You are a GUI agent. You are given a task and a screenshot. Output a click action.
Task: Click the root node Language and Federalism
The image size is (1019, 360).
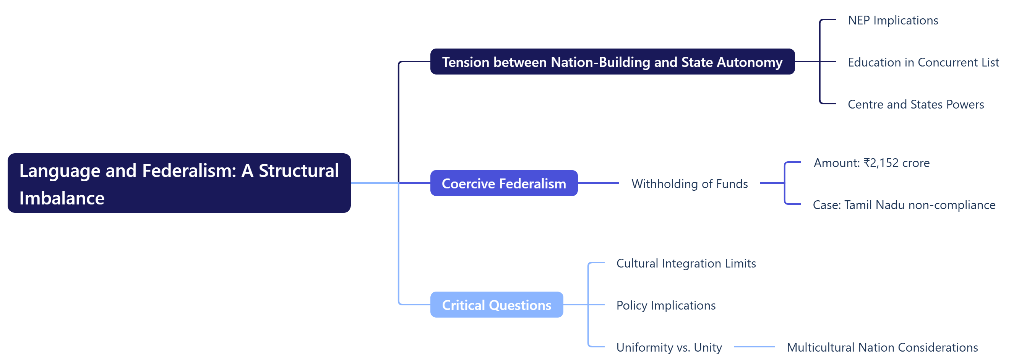pos(179,183)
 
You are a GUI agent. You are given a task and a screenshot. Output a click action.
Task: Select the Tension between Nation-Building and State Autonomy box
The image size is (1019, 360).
pos(612,62)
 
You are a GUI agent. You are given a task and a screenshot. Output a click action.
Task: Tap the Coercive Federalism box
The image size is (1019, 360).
pos(503,183)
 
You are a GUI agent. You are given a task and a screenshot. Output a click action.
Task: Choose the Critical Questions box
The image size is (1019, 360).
pos(497,305)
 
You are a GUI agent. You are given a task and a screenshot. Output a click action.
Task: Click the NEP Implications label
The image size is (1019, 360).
pos(892,20)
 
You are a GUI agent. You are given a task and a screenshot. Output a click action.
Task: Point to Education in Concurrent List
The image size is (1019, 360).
pos(923,62)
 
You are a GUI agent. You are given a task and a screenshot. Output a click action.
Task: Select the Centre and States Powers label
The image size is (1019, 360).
pos(915,104)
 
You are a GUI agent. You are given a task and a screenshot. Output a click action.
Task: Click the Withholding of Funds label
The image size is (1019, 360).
pos(689,183)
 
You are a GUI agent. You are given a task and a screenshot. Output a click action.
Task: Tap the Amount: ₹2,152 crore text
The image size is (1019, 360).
pos(871,162)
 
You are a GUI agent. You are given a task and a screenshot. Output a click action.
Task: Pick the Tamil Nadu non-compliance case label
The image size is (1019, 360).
pos(904,204)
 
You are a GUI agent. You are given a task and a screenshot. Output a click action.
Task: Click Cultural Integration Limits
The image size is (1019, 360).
pos(686,263)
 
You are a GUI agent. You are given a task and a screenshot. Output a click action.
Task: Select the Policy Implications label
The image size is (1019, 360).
pos(665,305)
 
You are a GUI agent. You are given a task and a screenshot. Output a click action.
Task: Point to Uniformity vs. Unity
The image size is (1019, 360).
pos(669,347)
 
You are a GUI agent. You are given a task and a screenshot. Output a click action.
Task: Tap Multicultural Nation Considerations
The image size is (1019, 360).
pos(882,347)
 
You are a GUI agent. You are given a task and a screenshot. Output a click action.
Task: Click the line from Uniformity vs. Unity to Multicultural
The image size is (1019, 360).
pos(754,347)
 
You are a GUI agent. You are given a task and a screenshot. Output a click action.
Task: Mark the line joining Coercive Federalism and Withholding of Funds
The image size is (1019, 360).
pos(598,183)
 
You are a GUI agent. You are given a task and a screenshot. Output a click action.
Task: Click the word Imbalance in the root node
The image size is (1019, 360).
pos(62,198)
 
